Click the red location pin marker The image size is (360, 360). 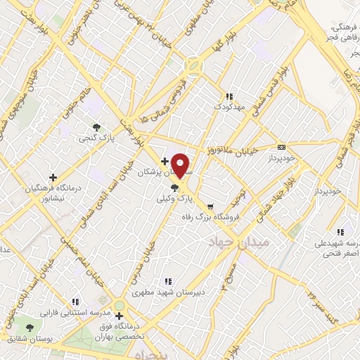pos(181,165)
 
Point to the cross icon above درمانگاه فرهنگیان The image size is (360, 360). pos(53,177)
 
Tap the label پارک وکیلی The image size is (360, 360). pos(174,199)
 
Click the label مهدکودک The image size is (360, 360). pos(229,107)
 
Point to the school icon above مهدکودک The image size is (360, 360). pos(229,96)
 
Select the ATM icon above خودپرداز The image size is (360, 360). pos(282,148)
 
